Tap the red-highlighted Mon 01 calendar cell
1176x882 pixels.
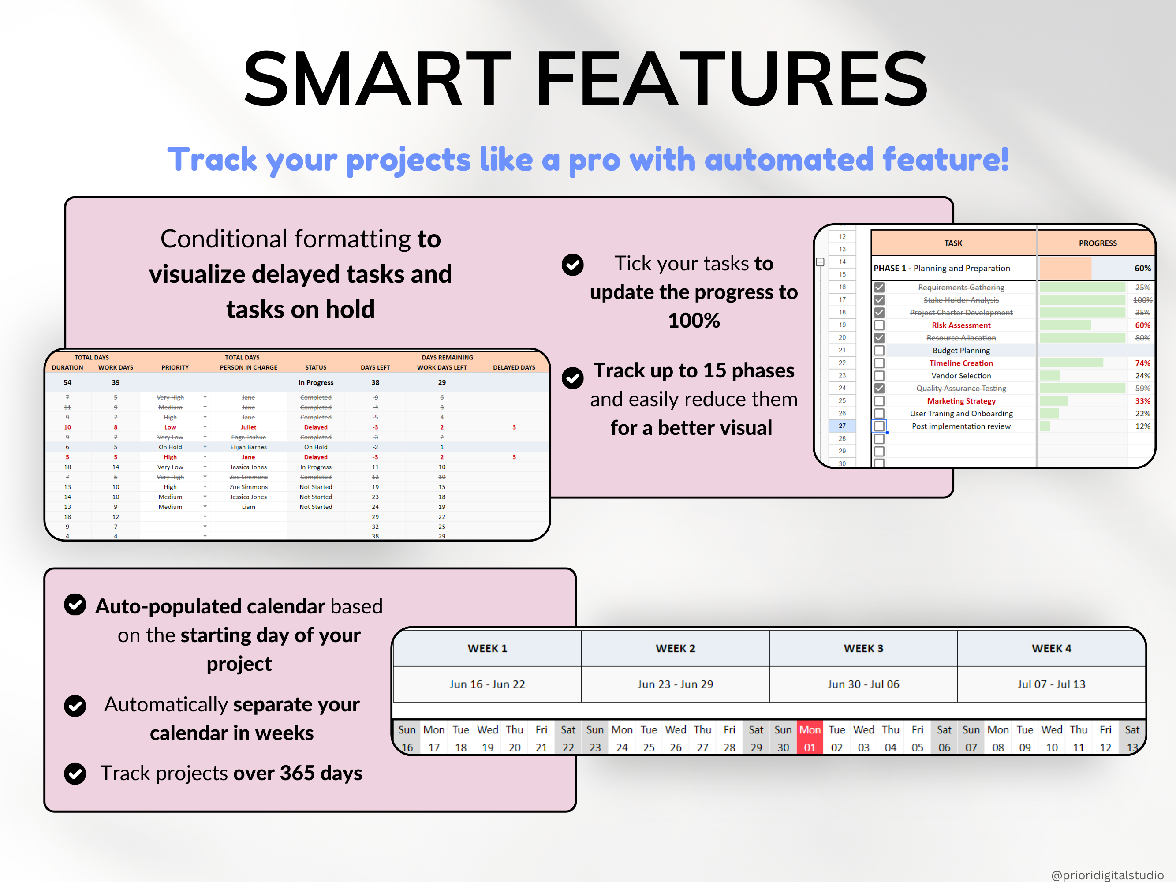(x=809, y=738)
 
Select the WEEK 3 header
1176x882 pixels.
(x=863, y=648)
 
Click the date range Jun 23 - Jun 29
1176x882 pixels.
(x=675, y=684)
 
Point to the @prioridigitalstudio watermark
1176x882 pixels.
(x=1107, y=875)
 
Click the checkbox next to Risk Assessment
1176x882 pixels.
(x=879, y=325)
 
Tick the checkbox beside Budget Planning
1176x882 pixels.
(x=879, y=350)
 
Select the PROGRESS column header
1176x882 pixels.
(x=1098, y=243)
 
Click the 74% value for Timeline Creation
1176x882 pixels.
(x=1142, y=363)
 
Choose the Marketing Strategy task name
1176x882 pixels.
(x=961, y=401)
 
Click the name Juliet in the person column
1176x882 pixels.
(x=248, y=427)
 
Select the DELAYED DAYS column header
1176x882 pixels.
(x=514, y=367)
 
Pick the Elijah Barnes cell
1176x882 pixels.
(x=248, y=447)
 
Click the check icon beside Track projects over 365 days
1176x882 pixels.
(x=75, y=774)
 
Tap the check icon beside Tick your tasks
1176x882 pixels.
(x=573, y=265)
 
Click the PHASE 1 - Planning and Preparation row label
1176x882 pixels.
(x=941, y=269)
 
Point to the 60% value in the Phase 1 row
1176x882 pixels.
(x=1142, y=269)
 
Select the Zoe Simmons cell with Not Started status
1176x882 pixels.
(x=248, y=487)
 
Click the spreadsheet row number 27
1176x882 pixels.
(x=842, y=426)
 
